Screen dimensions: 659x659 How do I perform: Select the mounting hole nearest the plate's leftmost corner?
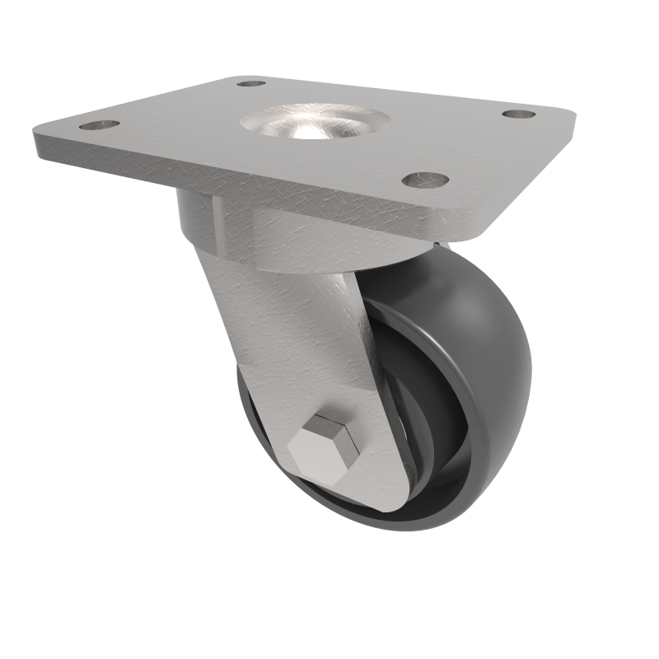pyautogui.click(x=99, y=125)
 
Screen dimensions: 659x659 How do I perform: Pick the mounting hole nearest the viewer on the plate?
pyautogui.click(x=426, y=179)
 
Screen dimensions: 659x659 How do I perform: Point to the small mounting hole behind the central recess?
pyautogui.click(x=251, y=83)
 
